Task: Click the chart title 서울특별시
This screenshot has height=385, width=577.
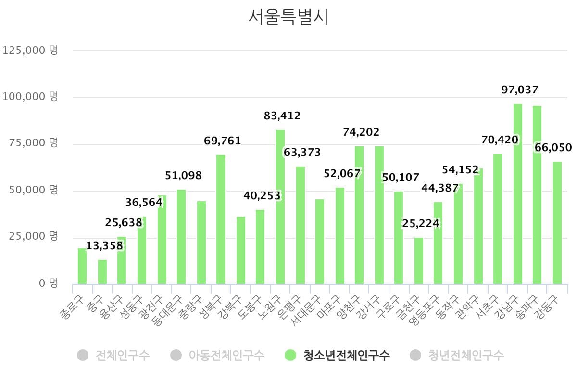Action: click(288, 17)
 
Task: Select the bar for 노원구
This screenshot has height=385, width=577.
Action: click(280, 207)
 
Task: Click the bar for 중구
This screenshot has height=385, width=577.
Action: click(102, 272)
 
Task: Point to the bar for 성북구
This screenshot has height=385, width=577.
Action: click(221, 219)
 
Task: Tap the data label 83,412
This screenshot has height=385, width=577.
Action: click(282, 115)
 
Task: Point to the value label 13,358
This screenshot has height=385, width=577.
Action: click(104, 246)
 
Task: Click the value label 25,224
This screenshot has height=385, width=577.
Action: click(420, 224)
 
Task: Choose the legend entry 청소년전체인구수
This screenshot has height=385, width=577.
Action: click(346, 356)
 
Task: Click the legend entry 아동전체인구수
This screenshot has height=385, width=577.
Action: click(226, 356)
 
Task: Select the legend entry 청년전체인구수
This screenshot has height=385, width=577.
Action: click(465, 356)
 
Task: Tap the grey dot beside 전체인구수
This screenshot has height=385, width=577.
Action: click(83, 356)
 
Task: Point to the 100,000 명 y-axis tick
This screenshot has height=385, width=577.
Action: click(30, 97)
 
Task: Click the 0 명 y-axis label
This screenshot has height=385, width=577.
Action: click(48, 283)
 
